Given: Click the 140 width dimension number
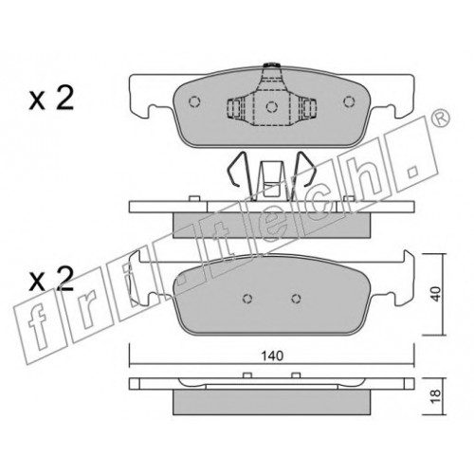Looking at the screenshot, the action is tap(272, 356).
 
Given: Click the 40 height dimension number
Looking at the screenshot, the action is tap(435, 294).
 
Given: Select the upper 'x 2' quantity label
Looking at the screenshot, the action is tap(51, 99).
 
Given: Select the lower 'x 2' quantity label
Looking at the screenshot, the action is tap(51, 279).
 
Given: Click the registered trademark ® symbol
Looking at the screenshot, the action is tap(440, 118).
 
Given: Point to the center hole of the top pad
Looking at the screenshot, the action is tap(271, 107).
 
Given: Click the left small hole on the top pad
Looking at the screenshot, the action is tap(194, 101).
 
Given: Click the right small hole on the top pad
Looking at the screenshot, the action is tap(349, 101).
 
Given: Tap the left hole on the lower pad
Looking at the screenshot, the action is tap(247, 299).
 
